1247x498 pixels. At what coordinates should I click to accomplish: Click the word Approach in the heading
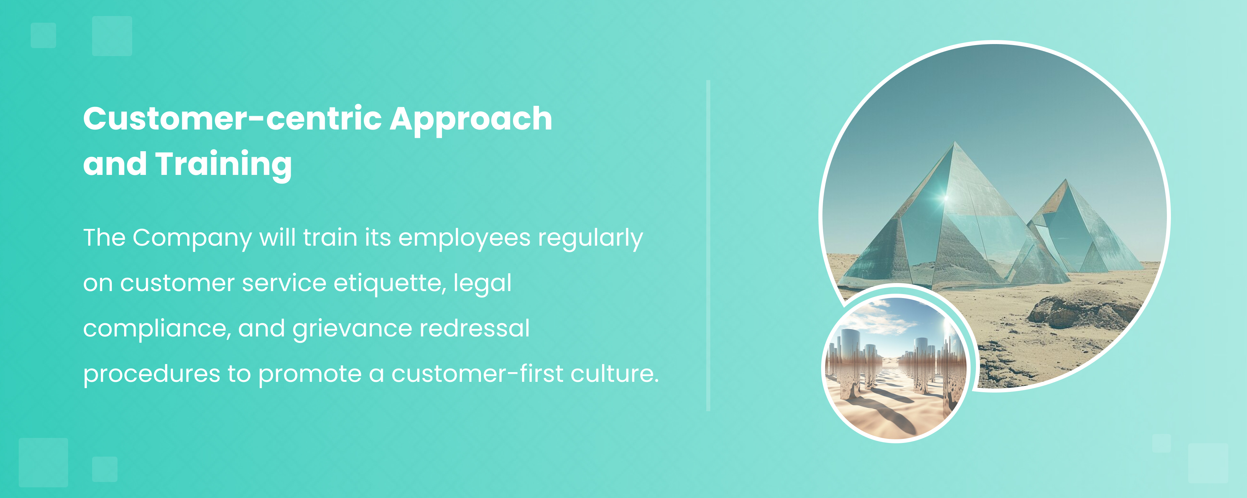471,119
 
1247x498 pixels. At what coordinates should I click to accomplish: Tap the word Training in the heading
224,165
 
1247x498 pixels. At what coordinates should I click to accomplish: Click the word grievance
352,329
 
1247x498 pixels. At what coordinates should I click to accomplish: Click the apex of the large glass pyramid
955,142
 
